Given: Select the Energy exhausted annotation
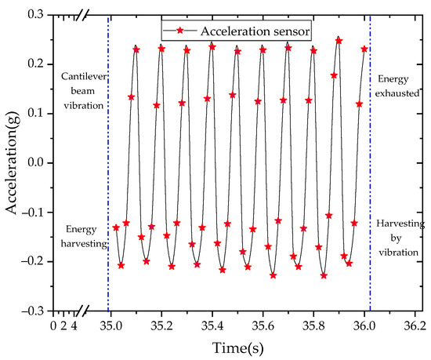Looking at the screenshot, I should (398, 91).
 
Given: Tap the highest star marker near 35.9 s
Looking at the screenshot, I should (339, 40).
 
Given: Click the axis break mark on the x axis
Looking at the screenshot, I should (82, 311).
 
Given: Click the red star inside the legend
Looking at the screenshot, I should (182, 31).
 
